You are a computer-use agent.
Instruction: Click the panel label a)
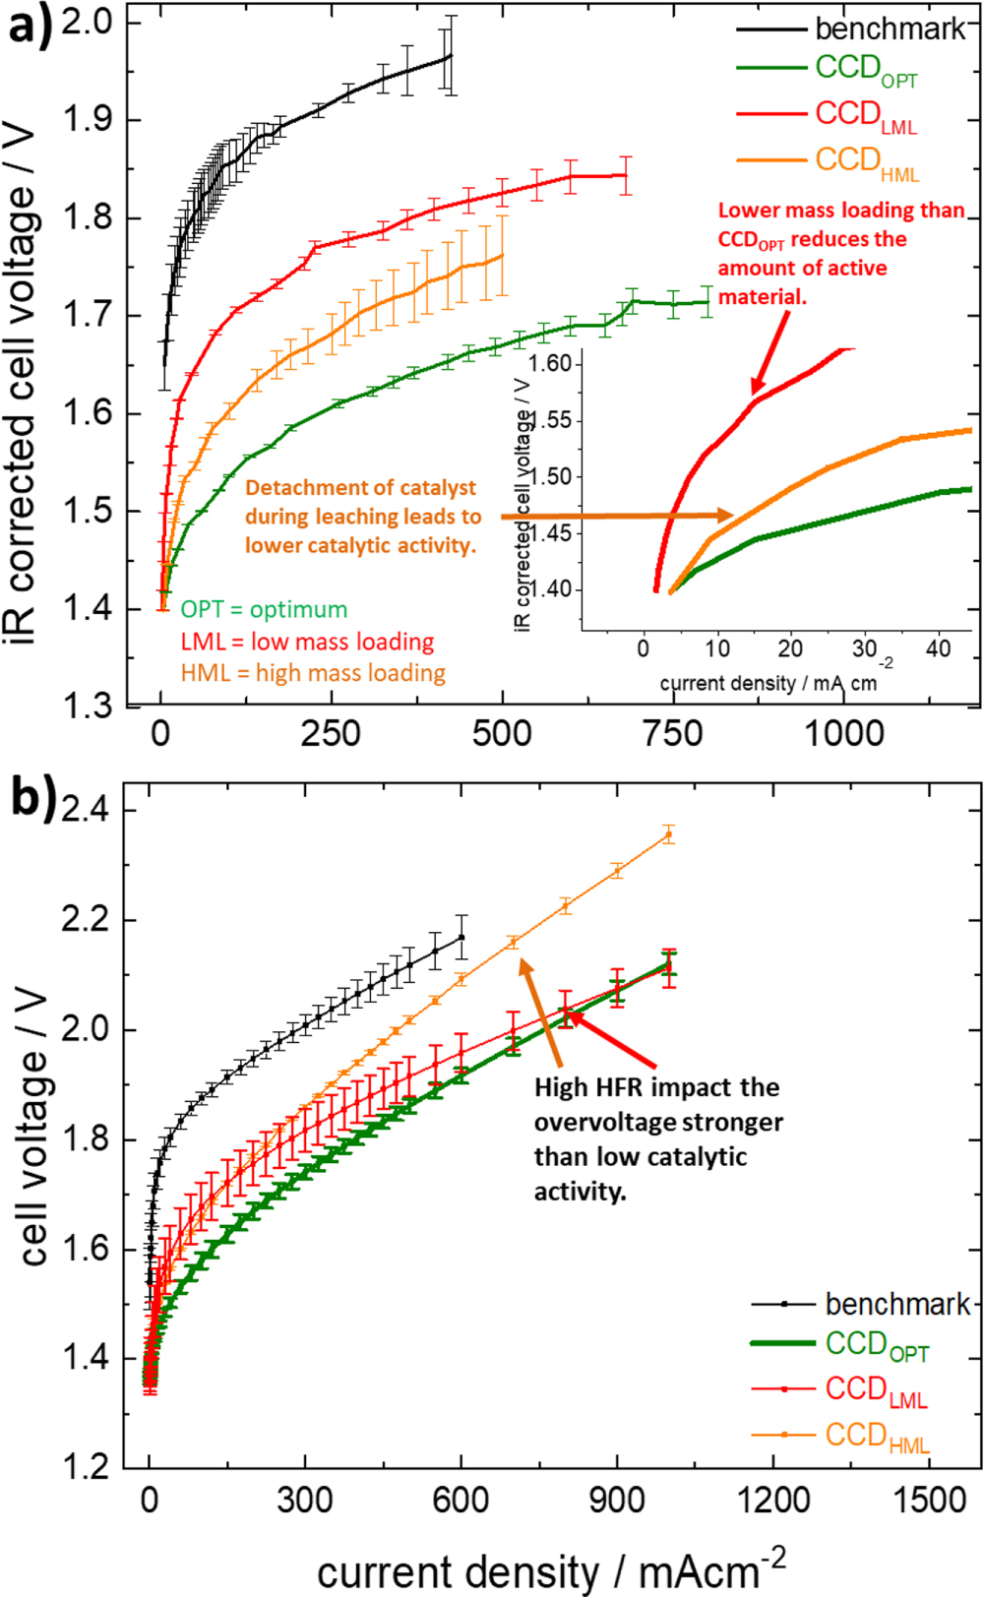point(30,26)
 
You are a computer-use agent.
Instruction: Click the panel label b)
point(32,795)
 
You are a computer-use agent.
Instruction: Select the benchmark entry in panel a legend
point(890,29)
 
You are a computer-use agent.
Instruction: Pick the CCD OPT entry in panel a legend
point(866,71)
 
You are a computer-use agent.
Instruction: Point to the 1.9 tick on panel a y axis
point(88,120)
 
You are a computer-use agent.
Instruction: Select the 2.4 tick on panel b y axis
point(89,811)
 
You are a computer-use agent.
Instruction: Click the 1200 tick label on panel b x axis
point(773,1501)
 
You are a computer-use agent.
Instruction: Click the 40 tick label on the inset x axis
point(939,648)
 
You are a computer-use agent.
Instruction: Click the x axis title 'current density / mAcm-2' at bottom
point(551,1568)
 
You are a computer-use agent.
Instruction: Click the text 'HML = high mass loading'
point(313,673)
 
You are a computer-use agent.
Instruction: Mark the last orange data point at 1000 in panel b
point(669,835)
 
